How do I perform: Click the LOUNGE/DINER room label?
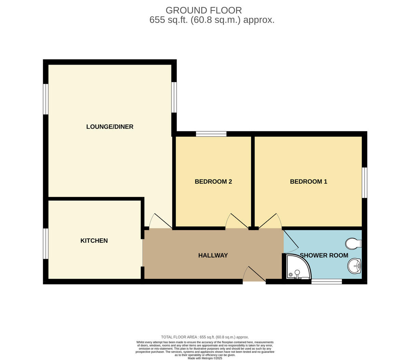click(x=110, y=127)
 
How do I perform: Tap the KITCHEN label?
click(x=94, y=241)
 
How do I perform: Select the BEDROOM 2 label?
click(x=213, y=182)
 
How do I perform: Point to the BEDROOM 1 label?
click(x=309, y=182)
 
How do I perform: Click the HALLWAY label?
click(x=213, y=255)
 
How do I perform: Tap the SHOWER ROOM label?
click(x=324, y=255)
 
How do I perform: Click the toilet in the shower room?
click(x=353, y=243)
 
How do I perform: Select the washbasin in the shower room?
click(x=354, y=266)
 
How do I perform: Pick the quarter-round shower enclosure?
click(x=298, y=267)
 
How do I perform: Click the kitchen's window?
click(x=46, y=243)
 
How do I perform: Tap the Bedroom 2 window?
click(x=211, y=134)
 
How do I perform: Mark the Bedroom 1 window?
click(x=364, y=183)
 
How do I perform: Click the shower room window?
click(x=326, y=281)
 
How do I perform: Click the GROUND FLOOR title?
click(x=204, y=10)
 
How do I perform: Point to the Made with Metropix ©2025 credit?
click(x=205, y=358)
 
